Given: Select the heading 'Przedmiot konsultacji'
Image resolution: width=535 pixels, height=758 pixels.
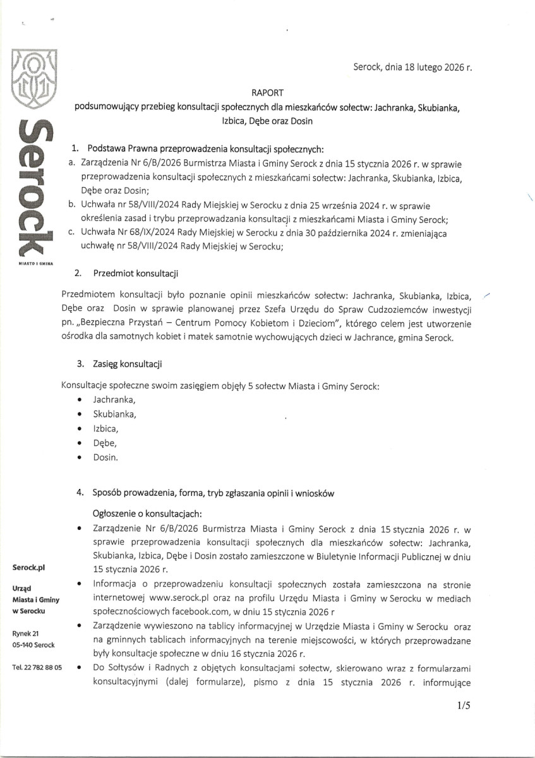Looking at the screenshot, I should pos(135,274).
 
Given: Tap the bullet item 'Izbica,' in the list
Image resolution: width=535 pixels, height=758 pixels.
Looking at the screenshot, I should pos(105,428).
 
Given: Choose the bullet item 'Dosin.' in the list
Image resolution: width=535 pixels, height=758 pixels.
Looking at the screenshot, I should pos(105,457).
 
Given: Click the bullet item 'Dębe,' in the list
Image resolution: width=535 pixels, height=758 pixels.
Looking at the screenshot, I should pos(105,443).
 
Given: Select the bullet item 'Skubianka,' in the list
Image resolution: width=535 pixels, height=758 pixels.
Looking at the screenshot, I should pos(114,414).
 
